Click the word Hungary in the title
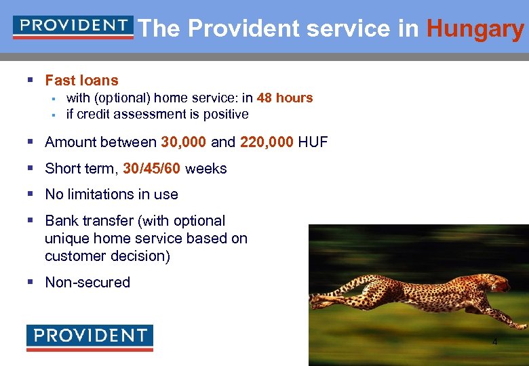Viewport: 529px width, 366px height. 475,29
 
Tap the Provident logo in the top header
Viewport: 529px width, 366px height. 73,27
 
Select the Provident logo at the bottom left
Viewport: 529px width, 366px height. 90,338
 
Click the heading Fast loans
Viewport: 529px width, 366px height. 81,81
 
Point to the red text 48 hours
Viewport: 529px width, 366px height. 285,98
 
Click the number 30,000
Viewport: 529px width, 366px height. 184,142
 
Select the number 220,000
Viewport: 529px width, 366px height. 267,142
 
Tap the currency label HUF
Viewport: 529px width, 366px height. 313,142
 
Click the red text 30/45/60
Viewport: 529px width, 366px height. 151,169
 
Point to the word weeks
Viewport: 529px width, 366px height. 205,169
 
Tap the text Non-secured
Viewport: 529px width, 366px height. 87,283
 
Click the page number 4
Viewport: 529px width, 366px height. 494,342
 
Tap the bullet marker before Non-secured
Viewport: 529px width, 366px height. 30,283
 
